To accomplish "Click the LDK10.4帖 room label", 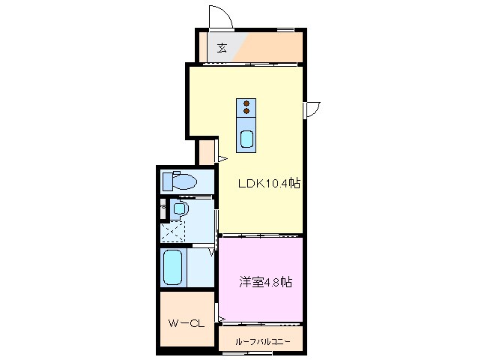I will (269, 183).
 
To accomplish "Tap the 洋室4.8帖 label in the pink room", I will (265, 283).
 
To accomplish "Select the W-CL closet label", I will (187, 324).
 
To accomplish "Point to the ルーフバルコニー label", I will (261, 341).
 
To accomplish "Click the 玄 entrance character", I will (222, 49).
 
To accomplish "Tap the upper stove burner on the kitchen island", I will (246, 103).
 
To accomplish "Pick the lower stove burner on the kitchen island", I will (246, 111).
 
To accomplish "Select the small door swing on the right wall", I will (312, 109).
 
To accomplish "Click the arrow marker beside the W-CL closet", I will (223, 320).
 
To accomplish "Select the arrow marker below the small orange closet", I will (222, 158).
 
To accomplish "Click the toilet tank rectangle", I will (167, 181).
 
